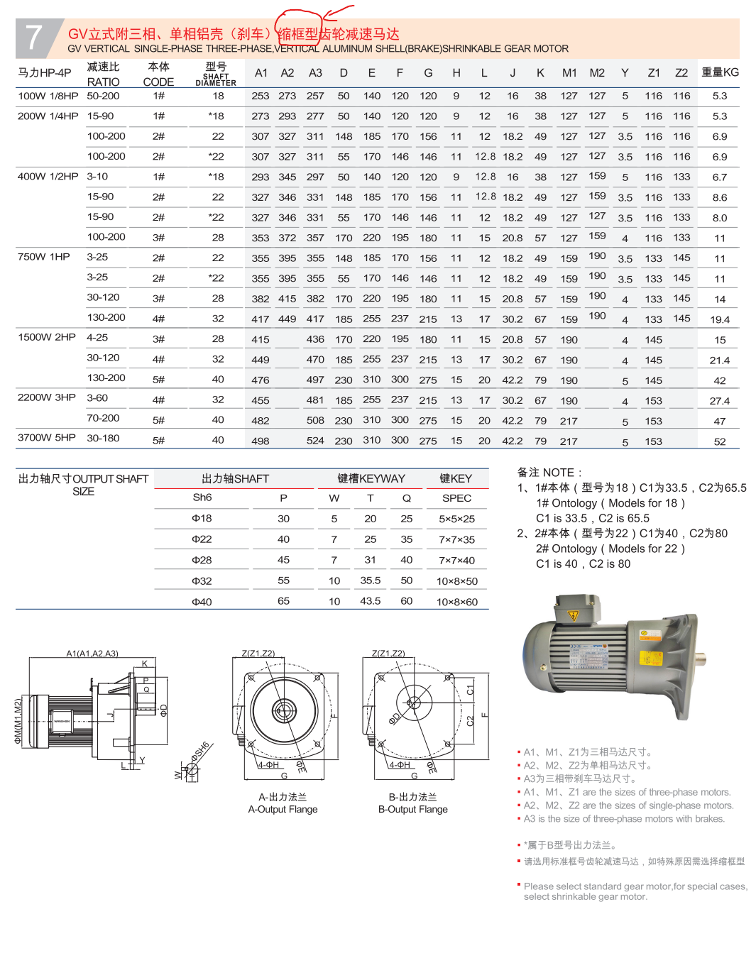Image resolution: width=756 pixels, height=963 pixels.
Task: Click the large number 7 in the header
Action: click(34, 38)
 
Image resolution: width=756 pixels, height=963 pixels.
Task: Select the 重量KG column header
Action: click(720, 72)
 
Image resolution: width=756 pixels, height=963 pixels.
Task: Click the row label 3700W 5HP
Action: click(47, 438)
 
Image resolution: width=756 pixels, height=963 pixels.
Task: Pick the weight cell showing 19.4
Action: click(720, 320)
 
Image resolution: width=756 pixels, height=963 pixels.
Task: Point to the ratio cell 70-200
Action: click(103, 419)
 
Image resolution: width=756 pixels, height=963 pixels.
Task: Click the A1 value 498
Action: click(261, 441)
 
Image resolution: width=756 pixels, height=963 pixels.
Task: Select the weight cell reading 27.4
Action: click(720, 401)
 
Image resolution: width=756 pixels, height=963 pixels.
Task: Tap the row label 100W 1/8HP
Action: click(48, 96)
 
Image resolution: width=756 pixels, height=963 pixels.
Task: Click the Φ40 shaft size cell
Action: click(202, 602)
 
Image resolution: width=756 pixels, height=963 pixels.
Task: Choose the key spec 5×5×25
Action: click(456, 519)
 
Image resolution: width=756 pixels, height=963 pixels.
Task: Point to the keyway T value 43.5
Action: click(370, 601)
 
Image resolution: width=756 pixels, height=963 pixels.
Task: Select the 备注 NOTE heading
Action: click(549, 473)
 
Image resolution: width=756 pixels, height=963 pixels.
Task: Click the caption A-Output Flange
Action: click(283, 810)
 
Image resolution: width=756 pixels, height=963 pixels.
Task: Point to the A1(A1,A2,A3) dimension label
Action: click(92, 654)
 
